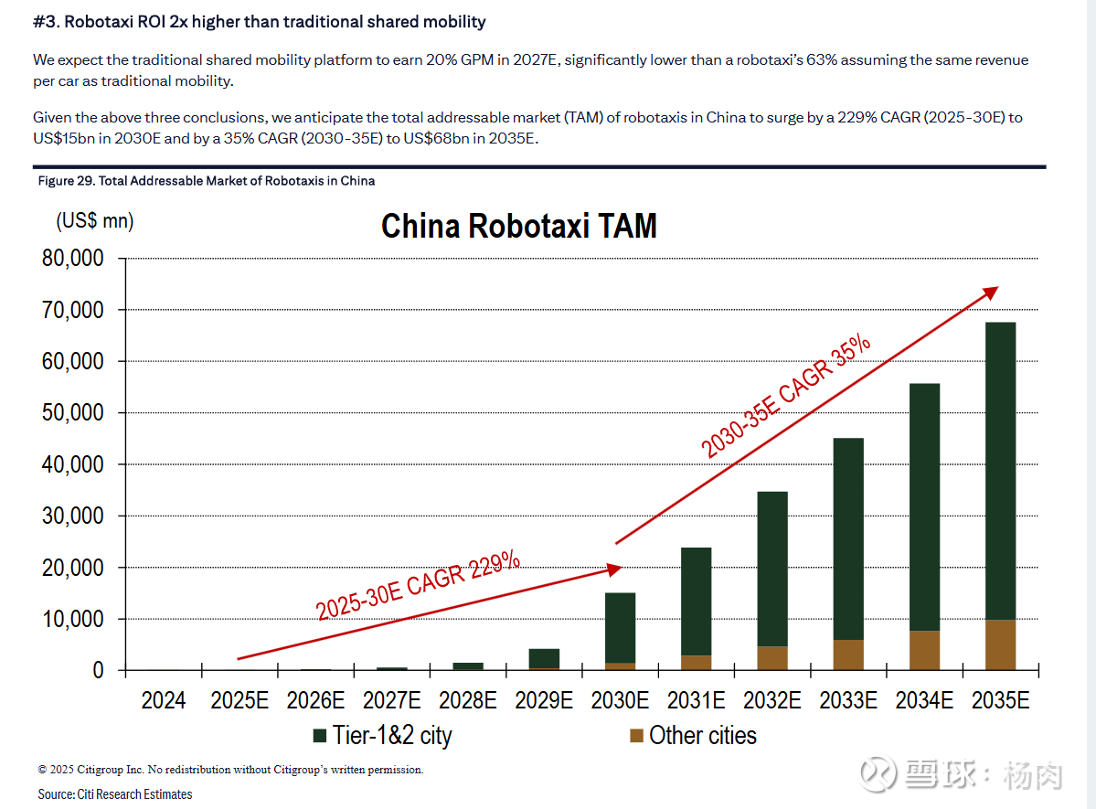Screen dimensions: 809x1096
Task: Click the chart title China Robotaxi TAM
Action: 518,226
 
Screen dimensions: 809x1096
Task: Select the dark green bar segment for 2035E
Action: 1000,471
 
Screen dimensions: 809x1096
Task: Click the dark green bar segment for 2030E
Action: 620,628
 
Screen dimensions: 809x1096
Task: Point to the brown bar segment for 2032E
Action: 772,658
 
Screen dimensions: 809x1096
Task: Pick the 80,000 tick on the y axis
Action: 73,259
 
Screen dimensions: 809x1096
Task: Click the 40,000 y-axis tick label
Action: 73,464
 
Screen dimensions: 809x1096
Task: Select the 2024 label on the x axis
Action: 163,700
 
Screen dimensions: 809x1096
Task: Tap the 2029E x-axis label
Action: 544,700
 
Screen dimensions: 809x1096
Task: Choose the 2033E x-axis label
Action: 848,700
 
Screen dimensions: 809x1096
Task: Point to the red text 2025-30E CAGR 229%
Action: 419,586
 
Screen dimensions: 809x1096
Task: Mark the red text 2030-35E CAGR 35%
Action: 786,396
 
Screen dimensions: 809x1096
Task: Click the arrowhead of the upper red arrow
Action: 991,291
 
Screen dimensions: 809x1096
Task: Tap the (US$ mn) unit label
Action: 95,220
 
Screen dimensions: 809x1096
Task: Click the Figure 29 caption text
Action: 206,181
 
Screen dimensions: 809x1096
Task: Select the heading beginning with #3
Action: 260,21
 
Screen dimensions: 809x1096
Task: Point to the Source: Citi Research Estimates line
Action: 115,794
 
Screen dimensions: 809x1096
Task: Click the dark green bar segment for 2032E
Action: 772,569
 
